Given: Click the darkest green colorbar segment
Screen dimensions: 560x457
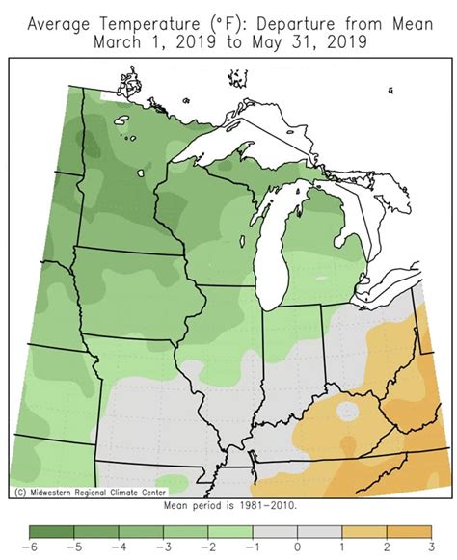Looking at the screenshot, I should [51, 531].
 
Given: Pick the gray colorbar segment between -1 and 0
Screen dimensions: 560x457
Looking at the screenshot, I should [275, 531].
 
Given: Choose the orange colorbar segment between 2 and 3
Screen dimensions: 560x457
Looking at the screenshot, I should [410, 531].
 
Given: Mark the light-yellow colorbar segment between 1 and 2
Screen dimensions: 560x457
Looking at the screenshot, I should [364, 531].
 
